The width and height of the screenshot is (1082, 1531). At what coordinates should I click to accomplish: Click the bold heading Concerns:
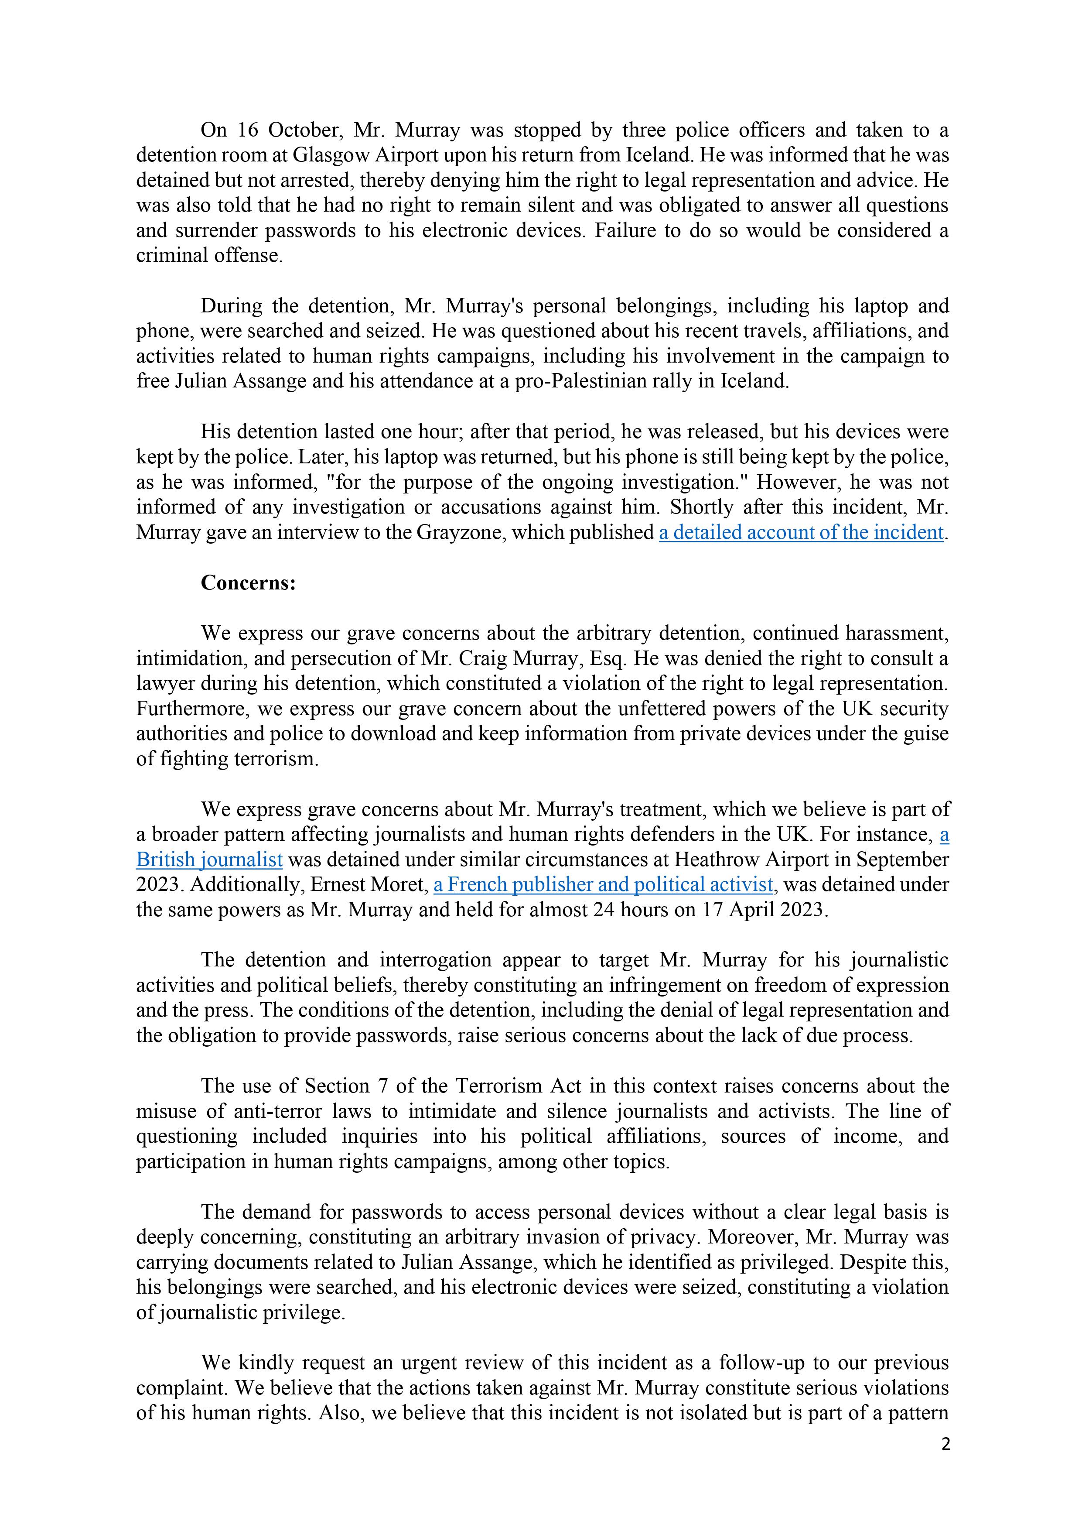248,583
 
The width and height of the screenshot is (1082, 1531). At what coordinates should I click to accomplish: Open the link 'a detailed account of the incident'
801,533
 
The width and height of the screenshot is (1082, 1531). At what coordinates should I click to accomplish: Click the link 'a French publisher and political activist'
603,885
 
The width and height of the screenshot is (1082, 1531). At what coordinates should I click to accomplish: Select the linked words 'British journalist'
209,860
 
